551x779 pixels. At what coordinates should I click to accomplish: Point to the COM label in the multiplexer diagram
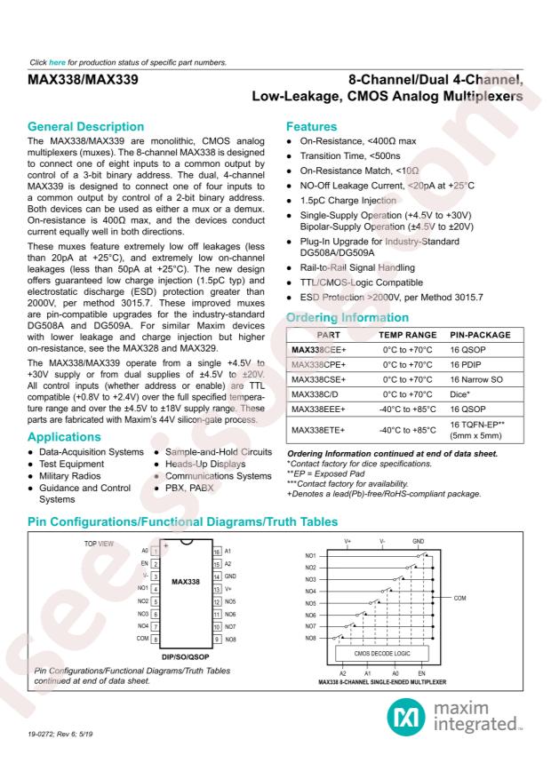tap(460, 599)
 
